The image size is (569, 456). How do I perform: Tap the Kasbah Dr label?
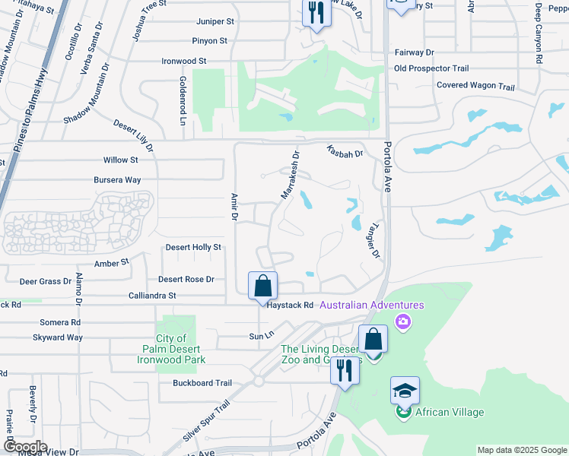(x=345, y=151)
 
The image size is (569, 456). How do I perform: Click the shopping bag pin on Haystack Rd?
(x=262, y=287)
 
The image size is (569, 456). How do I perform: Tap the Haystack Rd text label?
(x=291, y=305)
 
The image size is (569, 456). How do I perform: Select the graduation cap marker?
(x=405, y=391)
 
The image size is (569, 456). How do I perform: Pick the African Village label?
(x=449, y=413)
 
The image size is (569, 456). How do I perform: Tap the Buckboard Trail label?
(x=202, y=383)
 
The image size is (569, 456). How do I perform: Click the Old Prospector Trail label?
(x=431, y=68)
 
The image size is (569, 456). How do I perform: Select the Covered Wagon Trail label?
(x=475, y=86)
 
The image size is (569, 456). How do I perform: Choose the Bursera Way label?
(x=117, y=180)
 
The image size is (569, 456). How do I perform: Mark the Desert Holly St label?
(x=193, y=247)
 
